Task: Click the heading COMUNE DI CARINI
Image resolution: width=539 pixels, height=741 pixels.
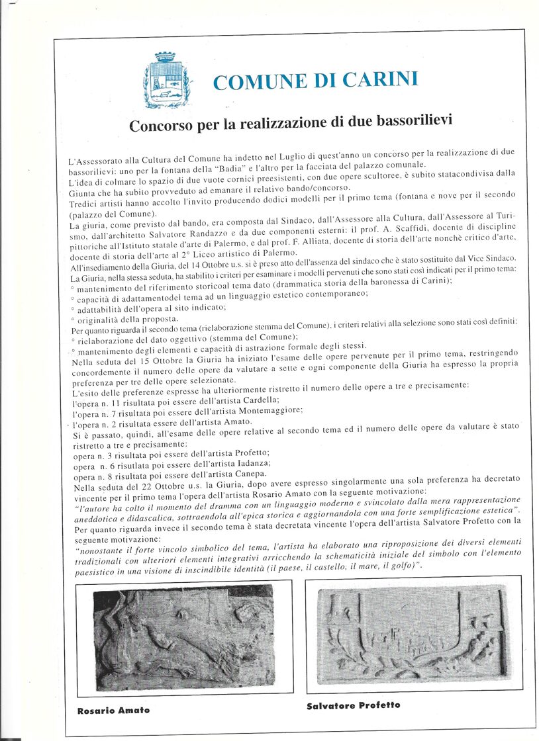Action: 315,81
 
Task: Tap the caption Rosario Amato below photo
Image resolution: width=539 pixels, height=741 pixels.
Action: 113,710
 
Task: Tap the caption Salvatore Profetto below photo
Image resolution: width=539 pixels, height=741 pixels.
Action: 353,705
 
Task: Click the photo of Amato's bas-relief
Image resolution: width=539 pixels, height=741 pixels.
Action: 184,636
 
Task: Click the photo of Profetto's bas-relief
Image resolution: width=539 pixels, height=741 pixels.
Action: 413,633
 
